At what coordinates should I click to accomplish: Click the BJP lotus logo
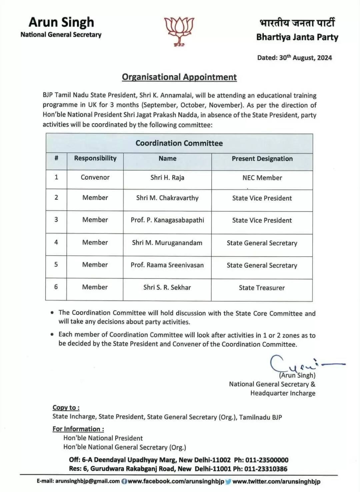(x=180, y=31)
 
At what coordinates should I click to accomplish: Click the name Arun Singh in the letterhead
(x=61, y=22)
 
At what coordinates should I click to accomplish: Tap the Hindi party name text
(x=297, y=23)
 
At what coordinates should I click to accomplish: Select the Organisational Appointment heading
(x=179, y=77)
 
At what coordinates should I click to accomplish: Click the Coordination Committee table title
(x=179, y=143)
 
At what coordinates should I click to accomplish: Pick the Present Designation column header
(x=262, y=159)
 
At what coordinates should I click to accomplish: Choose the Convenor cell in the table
(x=95, y=177)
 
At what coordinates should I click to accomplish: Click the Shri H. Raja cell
(x=167, y=177)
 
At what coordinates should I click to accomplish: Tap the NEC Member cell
(x=262, y=178)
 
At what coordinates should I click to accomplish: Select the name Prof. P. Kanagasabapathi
(x=167, y=220)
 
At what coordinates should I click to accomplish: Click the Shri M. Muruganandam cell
(x=167, y=243)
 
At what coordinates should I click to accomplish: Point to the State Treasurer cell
(x=262, y=288)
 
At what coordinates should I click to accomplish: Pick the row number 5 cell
(x=56, y=265)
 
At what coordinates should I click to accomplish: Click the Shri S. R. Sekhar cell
(x=167, y=287)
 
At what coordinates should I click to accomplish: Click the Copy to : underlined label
(x=66, y=407)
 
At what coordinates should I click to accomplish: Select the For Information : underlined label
(x=78, y=429)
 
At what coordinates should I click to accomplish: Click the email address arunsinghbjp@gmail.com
(x=87, y=481)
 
